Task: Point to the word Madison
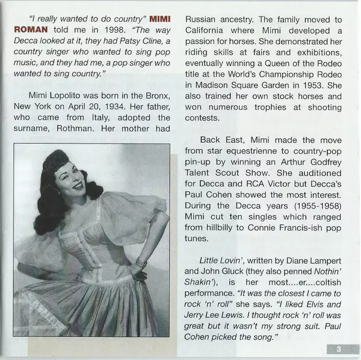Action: point(211,84)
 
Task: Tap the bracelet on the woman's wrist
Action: point(140,263)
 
